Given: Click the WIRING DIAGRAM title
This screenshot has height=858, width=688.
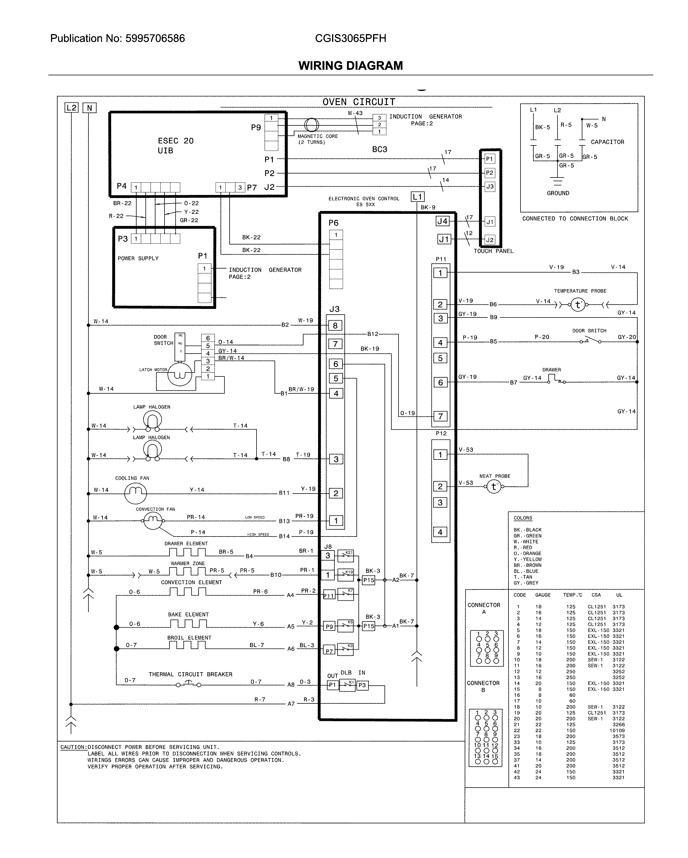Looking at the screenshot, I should coord(350,65).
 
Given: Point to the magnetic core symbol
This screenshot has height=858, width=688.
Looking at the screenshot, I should coord(311,125).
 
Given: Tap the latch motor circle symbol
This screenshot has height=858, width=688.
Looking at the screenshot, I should coord(180,374).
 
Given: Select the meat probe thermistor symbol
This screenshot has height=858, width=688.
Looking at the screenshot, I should coord(494,486).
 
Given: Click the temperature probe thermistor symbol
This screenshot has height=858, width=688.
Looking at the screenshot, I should coord(578,305).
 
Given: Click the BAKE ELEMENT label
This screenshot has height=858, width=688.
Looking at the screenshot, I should coord(188,614).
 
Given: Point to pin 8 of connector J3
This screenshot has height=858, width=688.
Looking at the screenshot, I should coord(336,326).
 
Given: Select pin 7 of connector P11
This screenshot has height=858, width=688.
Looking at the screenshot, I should coord(440,416).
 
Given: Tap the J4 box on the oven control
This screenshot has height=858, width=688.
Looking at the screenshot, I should coord(442,221).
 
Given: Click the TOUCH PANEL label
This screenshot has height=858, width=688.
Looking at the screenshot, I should coord(493,251).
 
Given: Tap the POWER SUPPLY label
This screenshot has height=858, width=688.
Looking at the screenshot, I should coord(138,258).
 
